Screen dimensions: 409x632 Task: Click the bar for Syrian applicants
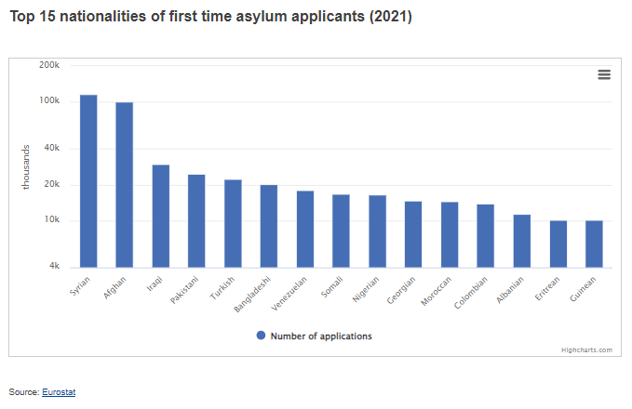coord(88,181)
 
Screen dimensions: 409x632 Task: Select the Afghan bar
coord(125,185)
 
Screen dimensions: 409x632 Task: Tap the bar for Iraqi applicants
coord(161,216)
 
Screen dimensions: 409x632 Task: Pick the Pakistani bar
coord(196,221)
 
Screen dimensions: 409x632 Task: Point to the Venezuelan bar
coord(305,229)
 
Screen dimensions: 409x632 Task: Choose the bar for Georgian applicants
coord(413,234)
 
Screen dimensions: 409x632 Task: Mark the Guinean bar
coord(594,244)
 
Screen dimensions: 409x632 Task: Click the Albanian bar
coord(522,241)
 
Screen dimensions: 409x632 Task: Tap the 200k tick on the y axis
coord(49,66)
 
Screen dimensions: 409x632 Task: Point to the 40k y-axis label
coord(51,149)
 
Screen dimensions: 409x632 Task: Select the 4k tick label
coord(54,268)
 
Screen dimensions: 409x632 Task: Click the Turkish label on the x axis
coord(222,289)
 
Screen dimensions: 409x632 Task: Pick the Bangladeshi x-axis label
coord(252,293)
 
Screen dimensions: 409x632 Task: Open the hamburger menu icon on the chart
coord(604,75)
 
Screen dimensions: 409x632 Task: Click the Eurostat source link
coord(59,392)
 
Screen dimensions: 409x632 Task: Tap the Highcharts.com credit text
coord(586,350)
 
